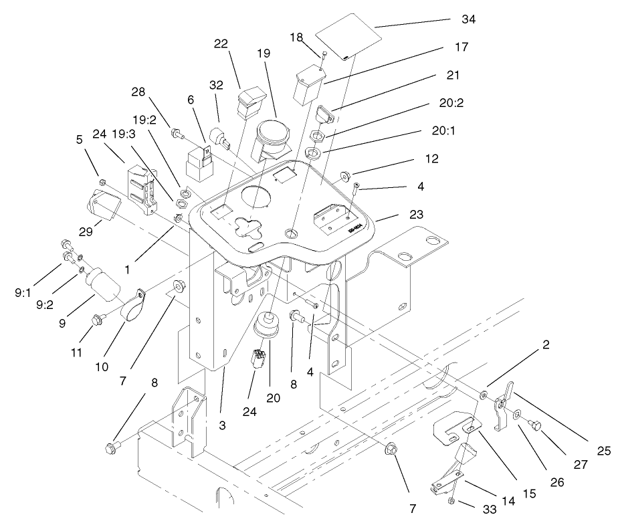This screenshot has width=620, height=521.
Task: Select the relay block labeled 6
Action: (199, 159)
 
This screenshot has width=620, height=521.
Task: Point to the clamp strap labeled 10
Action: (134, 305)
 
